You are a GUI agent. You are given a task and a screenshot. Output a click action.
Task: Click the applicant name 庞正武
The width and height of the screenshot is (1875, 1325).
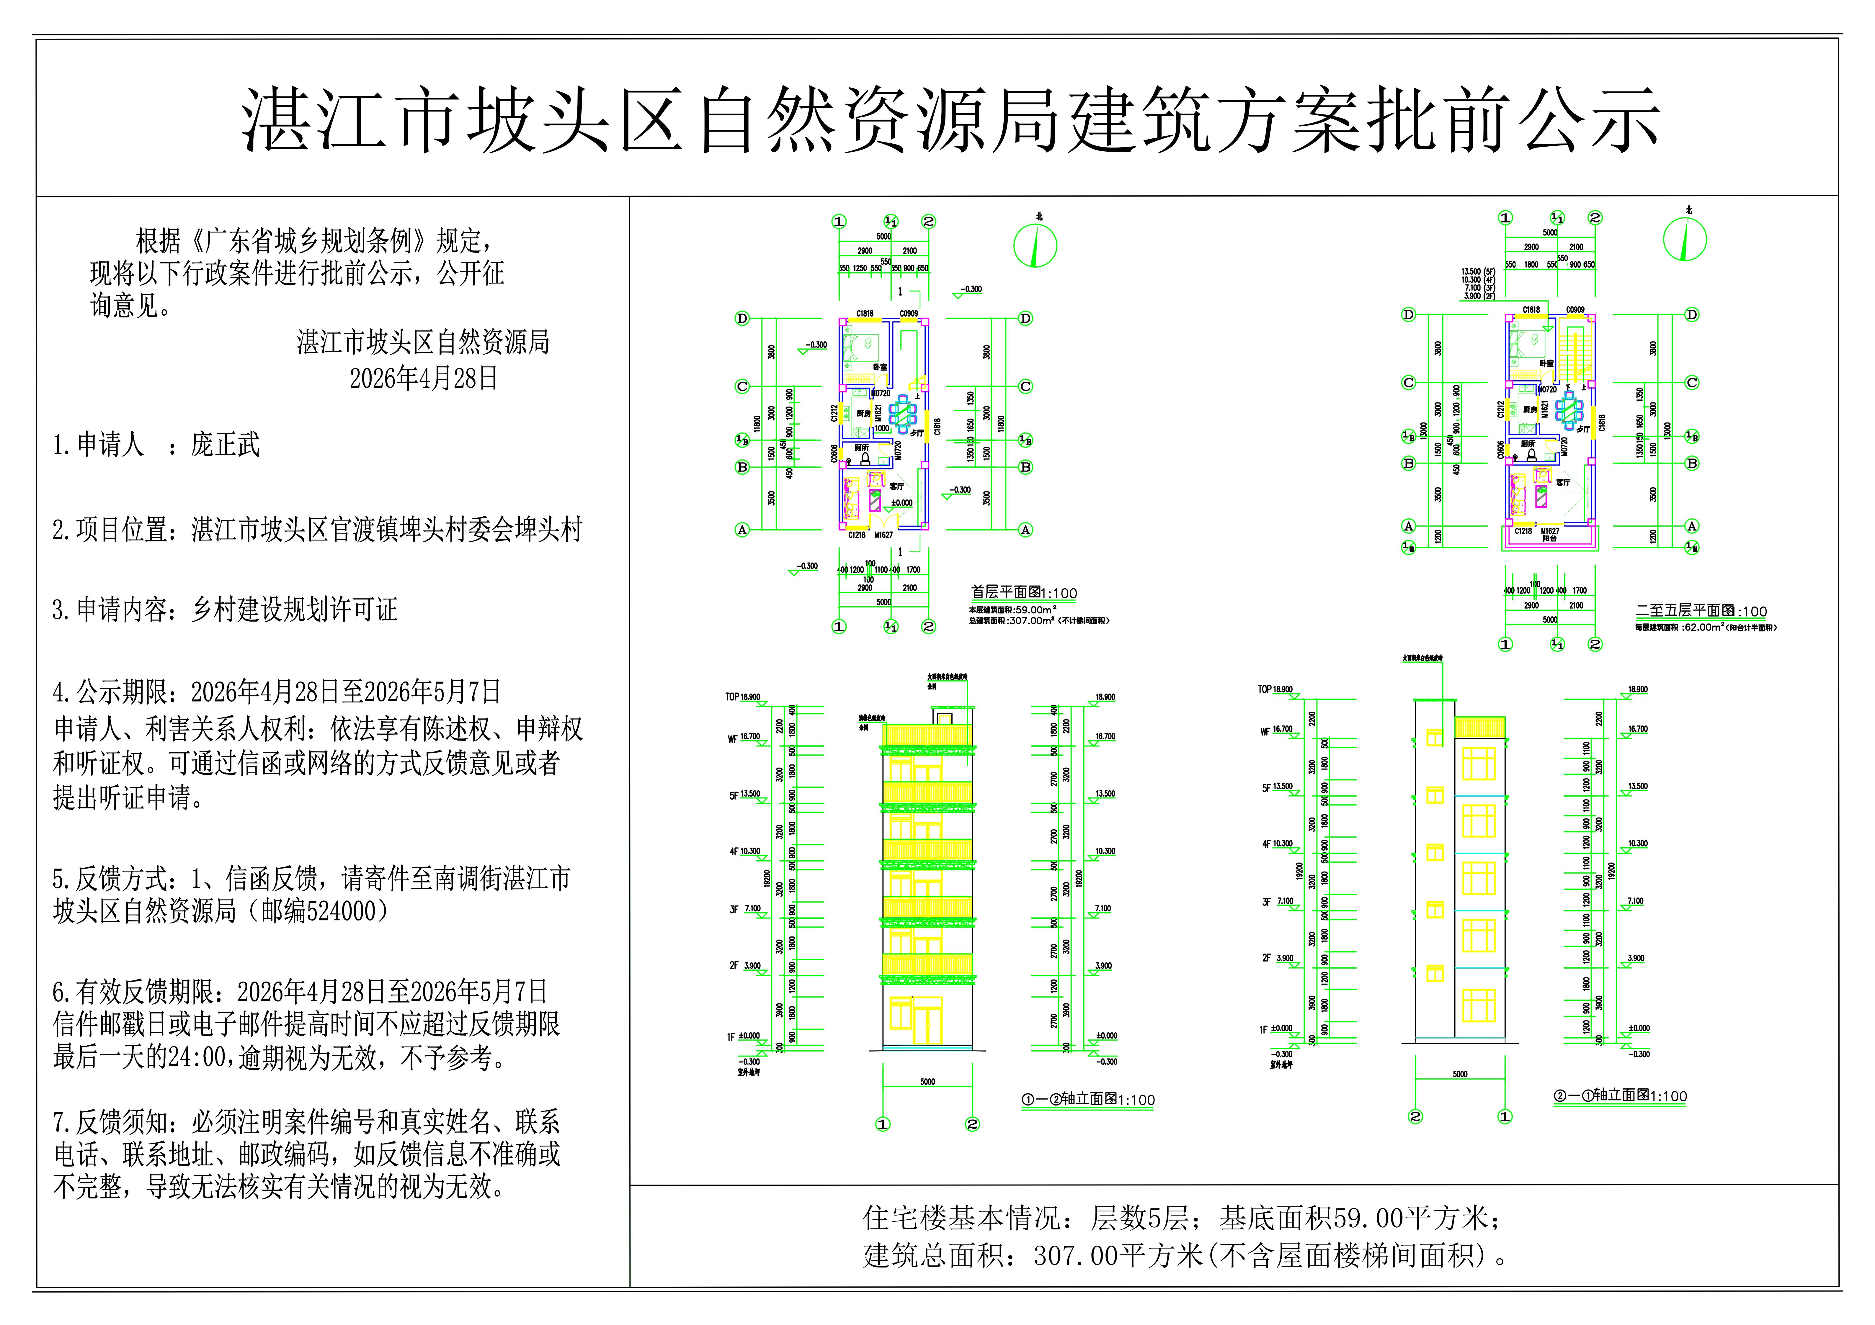pos(226,445)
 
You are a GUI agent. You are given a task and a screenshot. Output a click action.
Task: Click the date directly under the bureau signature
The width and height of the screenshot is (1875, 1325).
pos(423,378)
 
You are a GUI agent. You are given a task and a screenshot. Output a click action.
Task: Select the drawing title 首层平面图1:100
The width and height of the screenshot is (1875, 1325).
pos(1023,594)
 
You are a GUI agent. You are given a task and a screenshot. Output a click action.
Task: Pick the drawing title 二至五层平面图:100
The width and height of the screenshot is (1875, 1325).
pos(1701,612)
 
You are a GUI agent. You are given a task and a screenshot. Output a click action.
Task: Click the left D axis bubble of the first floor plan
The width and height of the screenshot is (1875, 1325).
pos(741,318)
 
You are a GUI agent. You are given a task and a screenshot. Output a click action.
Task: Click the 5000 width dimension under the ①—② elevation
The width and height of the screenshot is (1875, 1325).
pos(927,1082)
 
